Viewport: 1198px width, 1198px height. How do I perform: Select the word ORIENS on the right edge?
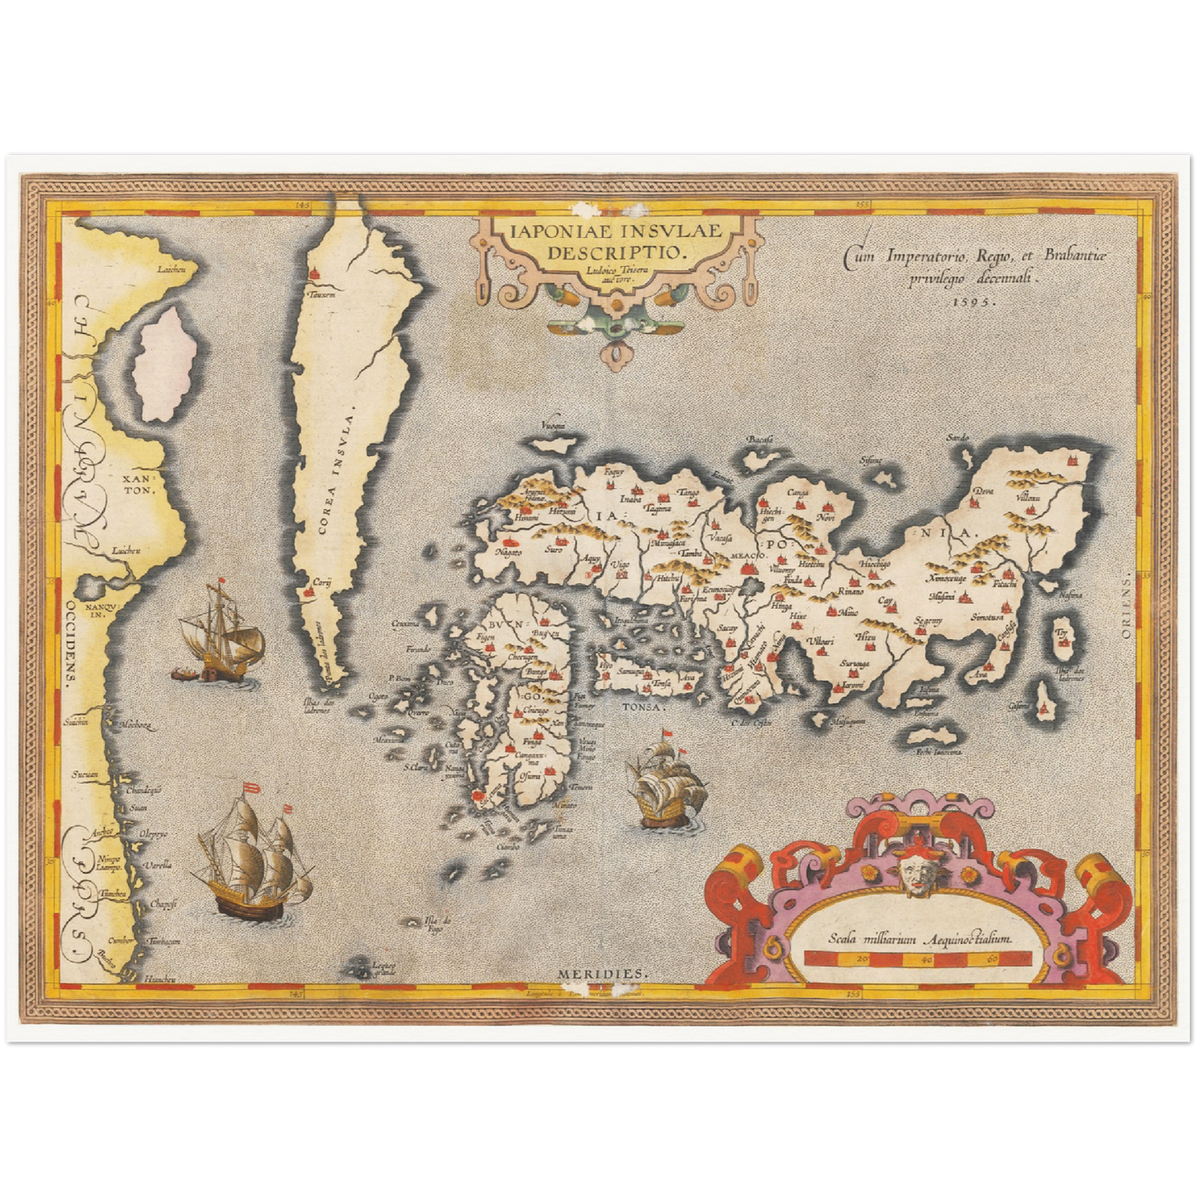click(x=1148, y=606)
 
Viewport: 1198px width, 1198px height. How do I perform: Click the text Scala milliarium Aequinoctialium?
click(x=920, y=939)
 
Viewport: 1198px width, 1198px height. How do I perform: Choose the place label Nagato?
click(x=507, y=551)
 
